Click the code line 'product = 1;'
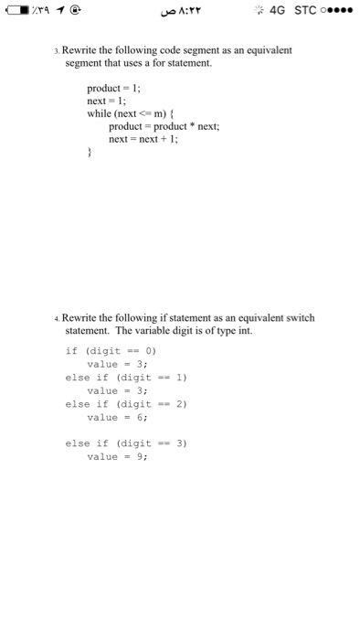click(x=113, y=88)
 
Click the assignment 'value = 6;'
click(x=111, y=416)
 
